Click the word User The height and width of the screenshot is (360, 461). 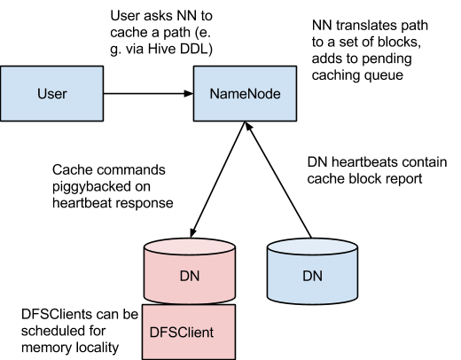[x=51, y=93]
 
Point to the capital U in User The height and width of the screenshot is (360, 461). [x=42, y=93]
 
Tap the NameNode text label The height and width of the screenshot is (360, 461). [x=245, y=93]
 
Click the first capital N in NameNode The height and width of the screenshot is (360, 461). [x=214, y=93]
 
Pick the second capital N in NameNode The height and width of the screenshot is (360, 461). [x=251, y=93]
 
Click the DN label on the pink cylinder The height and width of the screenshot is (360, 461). [x=189, y=276]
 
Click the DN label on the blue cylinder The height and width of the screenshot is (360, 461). [x=313, y=276]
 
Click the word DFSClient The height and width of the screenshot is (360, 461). [x=182, y=333]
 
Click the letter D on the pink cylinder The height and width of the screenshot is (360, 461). [x=184, y=276]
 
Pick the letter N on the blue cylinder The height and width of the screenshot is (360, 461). [x=318, y=276]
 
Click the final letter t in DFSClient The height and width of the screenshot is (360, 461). [x=211, y=333]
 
